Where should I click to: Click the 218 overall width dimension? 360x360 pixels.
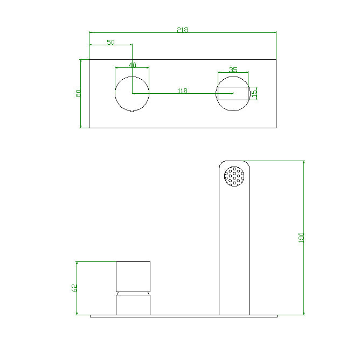click(x=182, y=30)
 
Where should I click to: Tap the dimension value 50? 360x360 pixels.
click(x=110, y=42)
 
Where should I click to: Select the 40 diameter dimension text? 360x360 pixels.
click(x=132, y=65)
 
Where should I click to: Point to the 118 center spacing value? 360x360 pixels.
click(x=182, y=91)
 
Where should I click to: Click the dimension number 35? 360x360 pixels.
click(x=233, y=70)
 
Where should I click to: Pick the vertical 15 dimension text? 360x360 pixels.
click(x=254, y=93)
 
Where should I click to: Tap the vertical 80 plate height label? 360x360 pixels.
click(x=78, y=93)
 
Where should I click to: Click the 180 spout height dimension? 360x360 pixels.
click(x=301, y=238)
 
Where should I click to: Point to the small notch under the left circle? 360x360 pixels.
click(x=132, y=112)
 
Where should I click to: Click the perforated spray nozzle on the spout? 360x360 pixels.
click(x=234, y=176)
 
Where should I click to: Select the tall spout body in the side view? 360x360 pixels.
click(x=234, y=248)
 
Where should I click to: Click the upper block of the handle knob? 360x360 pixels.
click(x=133, y=275)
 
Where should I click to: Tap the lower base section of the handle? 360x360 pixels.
click(x=133, y=304)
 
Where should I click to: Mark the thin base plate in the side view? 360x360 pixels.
click(x=183, y=316)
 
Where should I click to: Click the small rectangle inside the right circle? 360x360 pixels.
click(x=240, y=93)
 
